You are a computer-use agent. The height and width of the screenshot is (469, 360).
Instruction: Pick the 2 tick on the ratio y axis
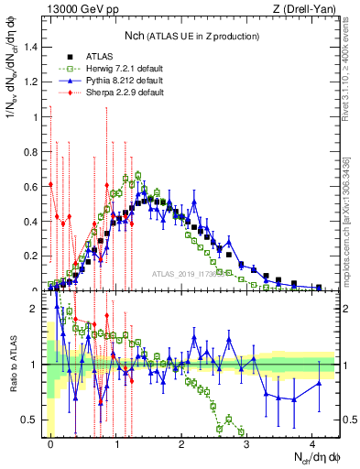(x=36, y=309)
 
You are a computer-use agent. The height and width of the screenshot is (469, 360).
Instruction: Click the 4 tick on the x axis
(x=312, y=443)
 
